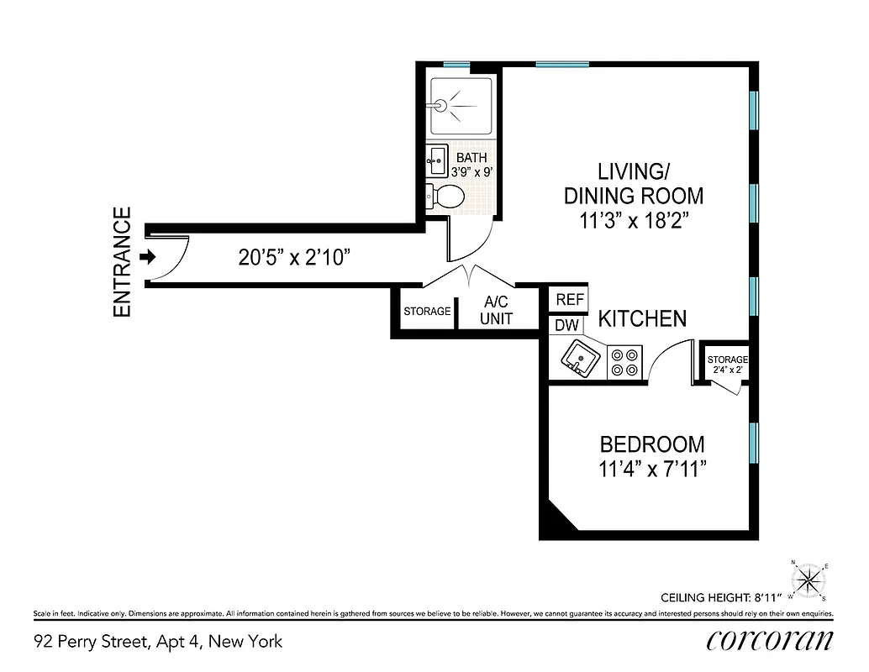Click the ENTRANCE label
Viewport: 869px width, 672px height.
123,262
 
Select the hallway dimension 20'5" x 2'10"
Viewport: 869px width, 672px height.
294,257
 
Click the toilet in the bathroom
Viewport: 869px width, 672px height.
446,197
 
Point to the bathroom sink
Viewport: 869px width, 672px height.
436,159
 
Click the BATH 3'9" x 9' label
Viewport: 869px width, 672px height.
471,165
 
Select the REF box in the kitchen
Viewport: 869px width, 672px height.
570,300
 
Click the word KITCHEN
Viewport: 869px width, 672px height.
642,319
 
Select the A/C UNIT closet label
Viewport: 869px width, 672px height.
496,311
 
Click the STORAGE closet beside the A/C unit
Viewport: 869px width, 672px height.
427,312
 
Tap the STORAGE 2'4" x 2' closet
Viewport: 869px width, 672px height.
726,364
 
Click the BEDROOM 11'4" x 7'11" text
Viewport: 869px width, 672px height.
651,455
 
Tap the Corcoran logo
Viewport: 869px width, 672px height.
770,641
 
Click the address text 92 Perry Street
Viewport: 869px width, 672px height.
158,642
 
